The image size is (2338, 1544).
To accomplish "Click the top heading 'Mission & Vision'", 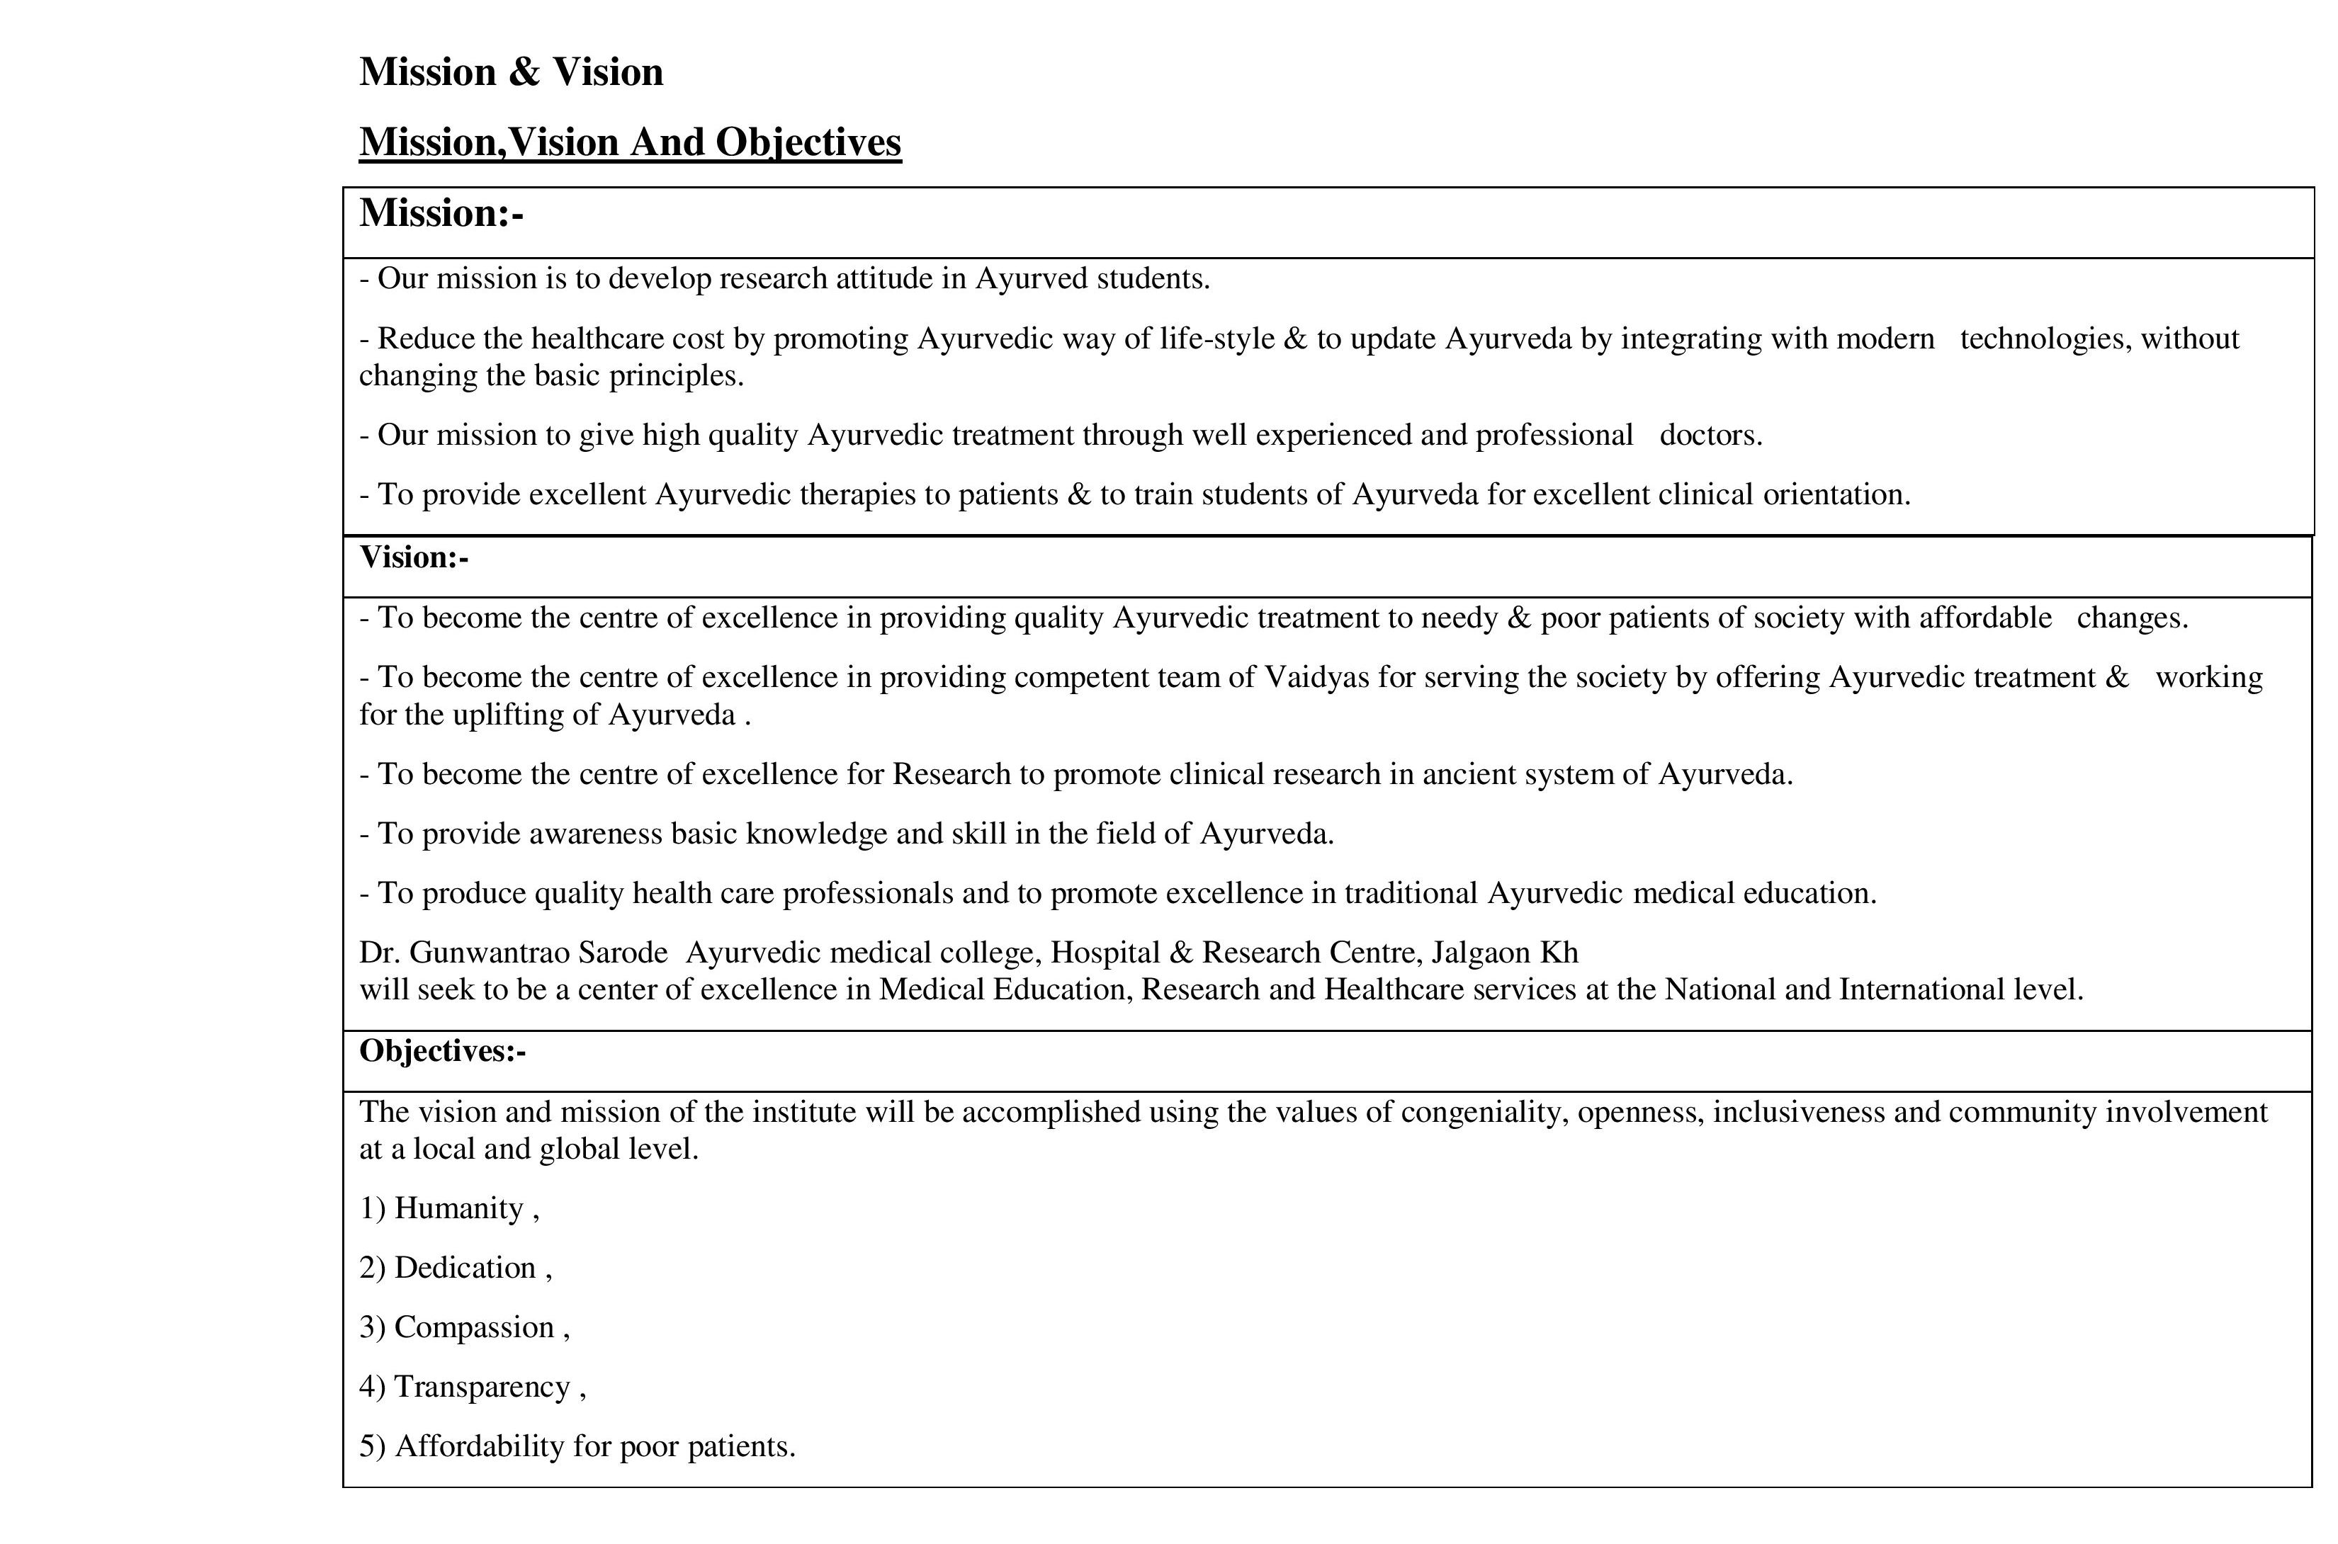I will (x=510, y=72).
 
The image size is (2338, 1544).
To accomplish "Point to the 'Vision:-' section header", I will (x=414, y=557).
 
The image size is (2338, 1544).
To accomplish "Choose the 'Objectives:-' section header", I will (x=442, y=1052).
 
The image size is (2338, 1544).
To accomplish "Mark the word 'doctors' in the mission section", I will (x=1709, y=436).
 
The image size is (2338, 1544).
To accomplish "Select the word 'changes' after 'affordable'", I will (x=2130, y=618).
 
